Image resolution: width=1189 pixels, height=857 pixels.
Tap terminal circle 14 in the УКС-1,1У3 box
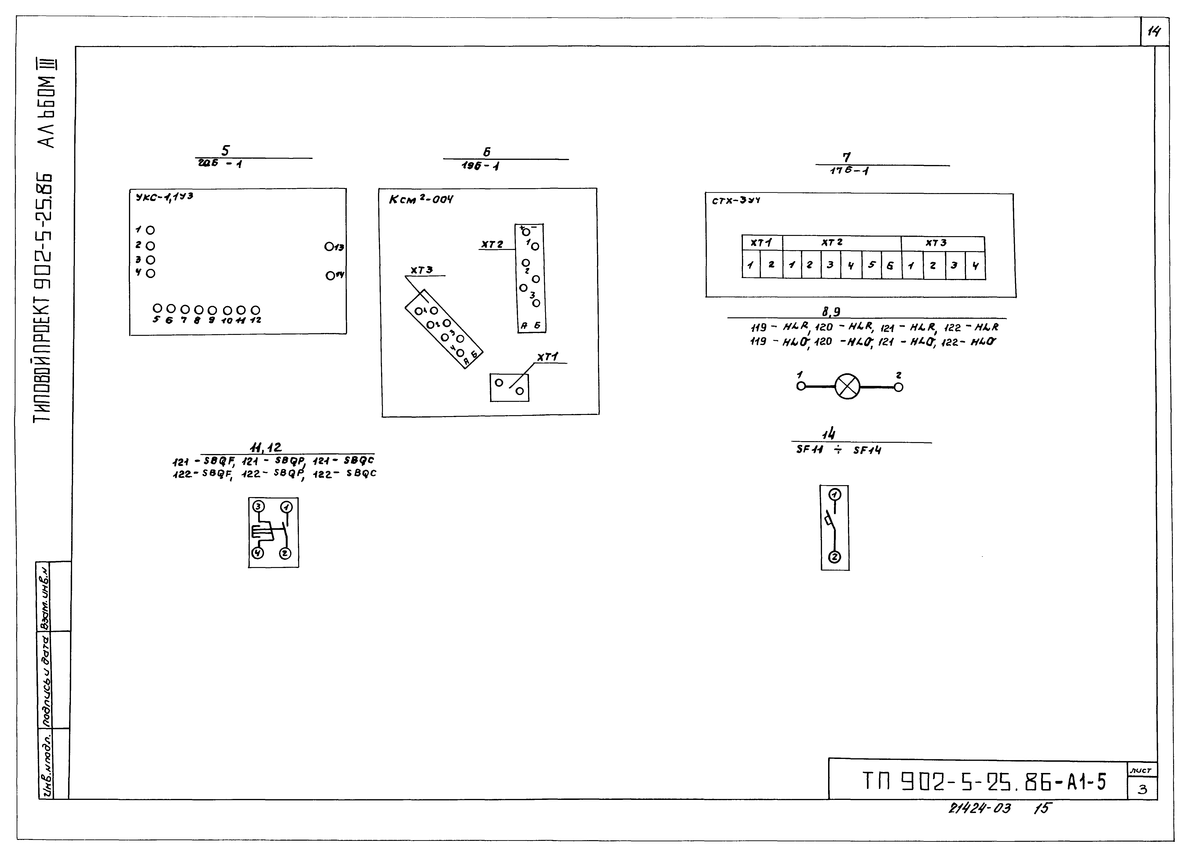tap(330, 275)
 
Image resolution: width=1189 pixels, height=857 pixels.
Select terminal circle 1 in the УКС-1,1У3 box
tap(150, 230)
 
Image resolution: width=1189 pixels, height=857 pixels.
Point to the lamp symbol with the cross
tap(847, 387)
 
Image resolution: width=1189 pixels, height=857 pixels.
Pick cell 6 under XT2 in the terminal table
tap(890, 265)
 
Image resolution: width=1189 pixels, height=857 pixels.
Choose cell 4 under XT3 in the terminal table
tap(975, 266)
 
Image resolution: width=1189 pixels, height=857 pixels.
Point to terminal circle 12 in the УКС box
tap(255, 310)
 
